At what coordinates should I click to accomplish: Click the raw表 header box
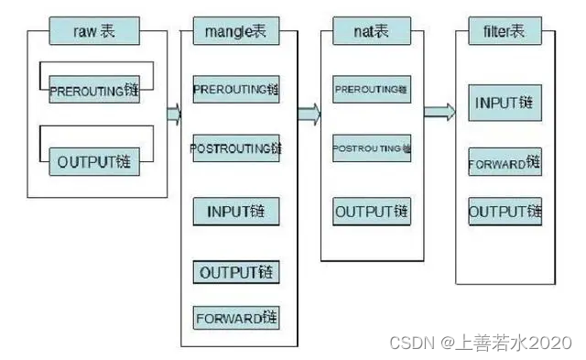tap(93, 33)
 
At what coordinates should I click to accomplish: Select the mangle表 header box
tap(236, 33)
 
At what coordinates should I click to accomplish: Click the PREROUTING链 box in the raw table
tap(94, 92)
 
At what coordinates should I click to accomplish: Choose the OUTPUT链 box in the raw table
tap(94, 163)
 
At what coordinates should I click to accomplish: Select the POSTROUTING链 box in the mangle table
tap(236, 147)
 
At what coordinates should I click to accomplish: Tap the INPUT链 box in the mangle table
tap(236, 212)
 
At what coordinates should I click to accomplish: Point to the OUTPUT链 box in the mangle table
tap(236, 272)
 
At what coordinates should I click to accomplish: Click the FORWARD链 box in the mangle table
tap(236, 318)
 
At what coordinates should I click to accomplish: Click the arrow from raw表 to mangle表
tap(172, 115)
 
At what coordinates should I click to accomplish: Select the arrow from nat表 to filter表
tap(439, 112)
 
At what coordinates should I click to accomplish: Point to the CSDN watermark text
tap(480, 343)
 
